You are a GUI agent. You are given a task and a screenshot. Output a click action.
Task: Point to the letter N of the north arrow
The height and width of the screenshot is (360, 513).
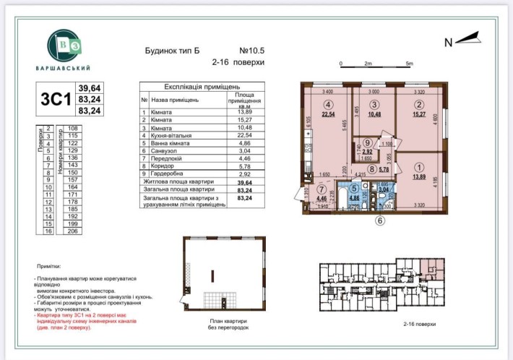(448, 43)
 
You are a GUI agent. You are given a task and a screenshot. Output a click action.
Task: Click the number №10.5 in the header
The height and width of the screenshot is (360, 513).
(252, 52)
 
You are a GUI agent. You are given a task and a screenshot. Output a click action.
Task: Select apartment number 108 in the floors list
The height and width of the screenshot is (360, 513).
(72, 128)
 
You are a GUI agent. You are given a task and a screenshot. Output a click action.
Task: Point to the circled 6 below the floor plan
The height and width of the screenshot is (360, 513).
(380, 221)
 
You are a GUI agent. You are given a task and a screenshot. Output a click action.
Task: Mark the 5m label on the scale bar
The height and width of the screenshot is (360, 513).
(409, 65)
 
